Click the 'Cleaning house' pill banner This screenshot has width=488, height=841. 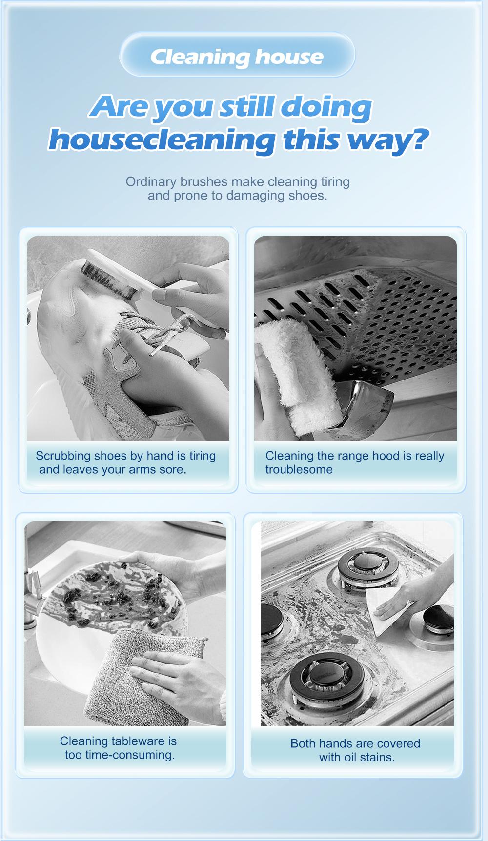pos(237,55)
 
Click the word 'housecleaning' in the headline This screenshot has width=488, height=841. pos(163,140)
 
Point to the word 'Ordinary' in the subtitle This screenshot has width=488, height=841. pos(151,182)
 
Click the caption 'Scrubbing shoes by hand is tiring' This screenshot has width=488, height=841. pos(126,456)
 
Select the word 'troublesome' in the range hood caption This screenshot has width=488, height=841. pos(299,469)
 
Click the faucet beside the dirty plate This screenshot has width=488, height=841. pos(35,598)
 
